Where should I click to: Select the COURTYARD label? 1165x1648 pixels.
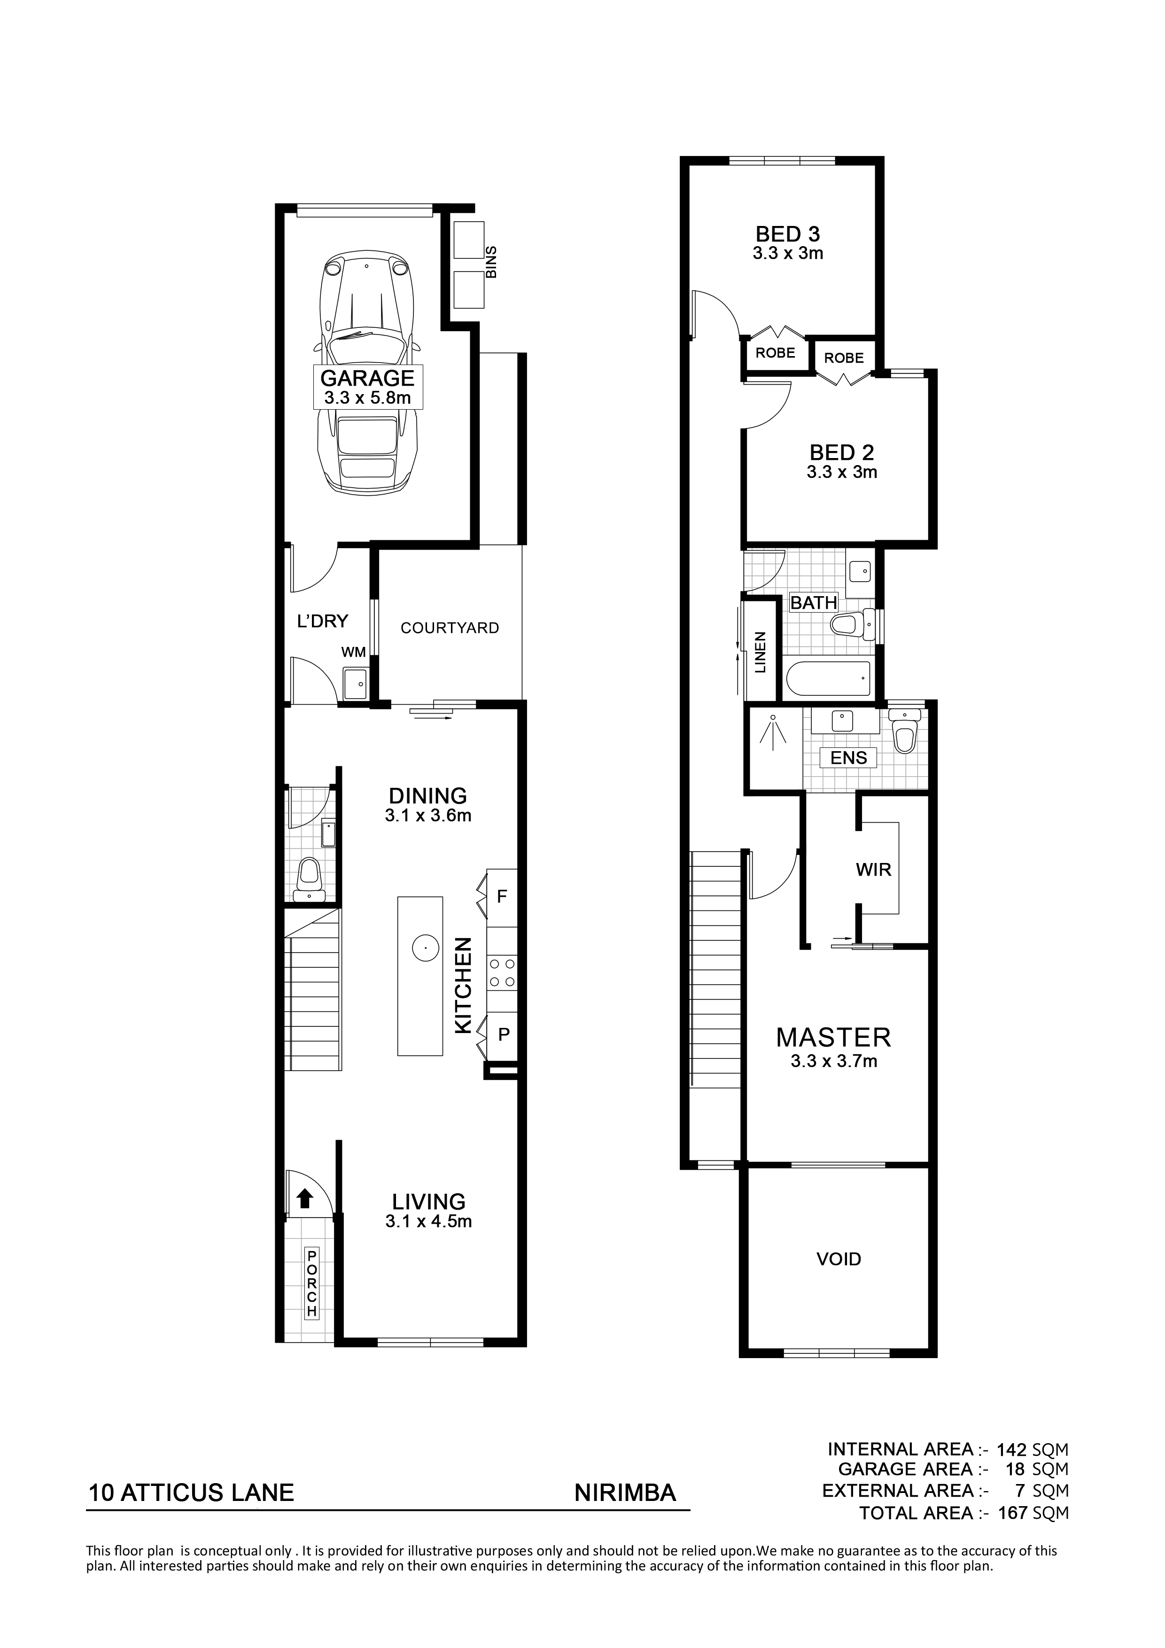(x=450, y=628)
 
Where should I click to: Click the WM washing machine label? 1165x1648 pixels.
(x=353, y=652)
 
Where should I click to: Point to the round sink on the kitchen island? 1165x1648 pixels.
(x=425, y=948)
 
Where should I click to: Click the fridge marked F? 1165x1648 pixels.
(x=502, y=896)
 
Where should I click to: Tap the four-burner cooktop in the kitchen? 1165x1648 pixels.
(x=502, y=972)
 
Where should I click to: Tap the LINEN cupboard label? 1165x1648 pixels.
(x=760, y=652)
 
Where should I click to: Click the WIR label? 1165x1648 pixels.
(x=874, y=870)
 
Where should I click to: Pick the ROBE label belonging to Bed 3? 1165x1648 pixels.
(x=775, y=352)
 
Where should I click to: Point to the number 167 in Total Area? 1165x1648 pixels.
(x=1013, y=1513)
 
